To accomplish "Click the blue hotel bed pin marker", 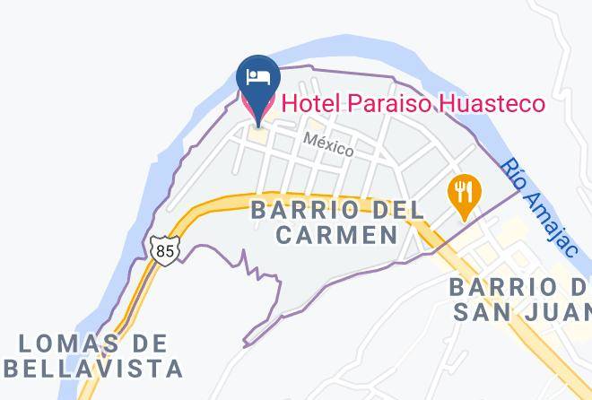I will [258, 85].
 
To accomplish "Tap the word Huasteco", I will [492, 104].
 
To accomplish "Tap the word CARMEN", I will [336, 235].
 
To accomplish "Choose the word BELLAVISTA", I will [91, 368].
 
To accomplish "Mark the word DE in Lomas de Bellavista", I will [150, 343].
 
